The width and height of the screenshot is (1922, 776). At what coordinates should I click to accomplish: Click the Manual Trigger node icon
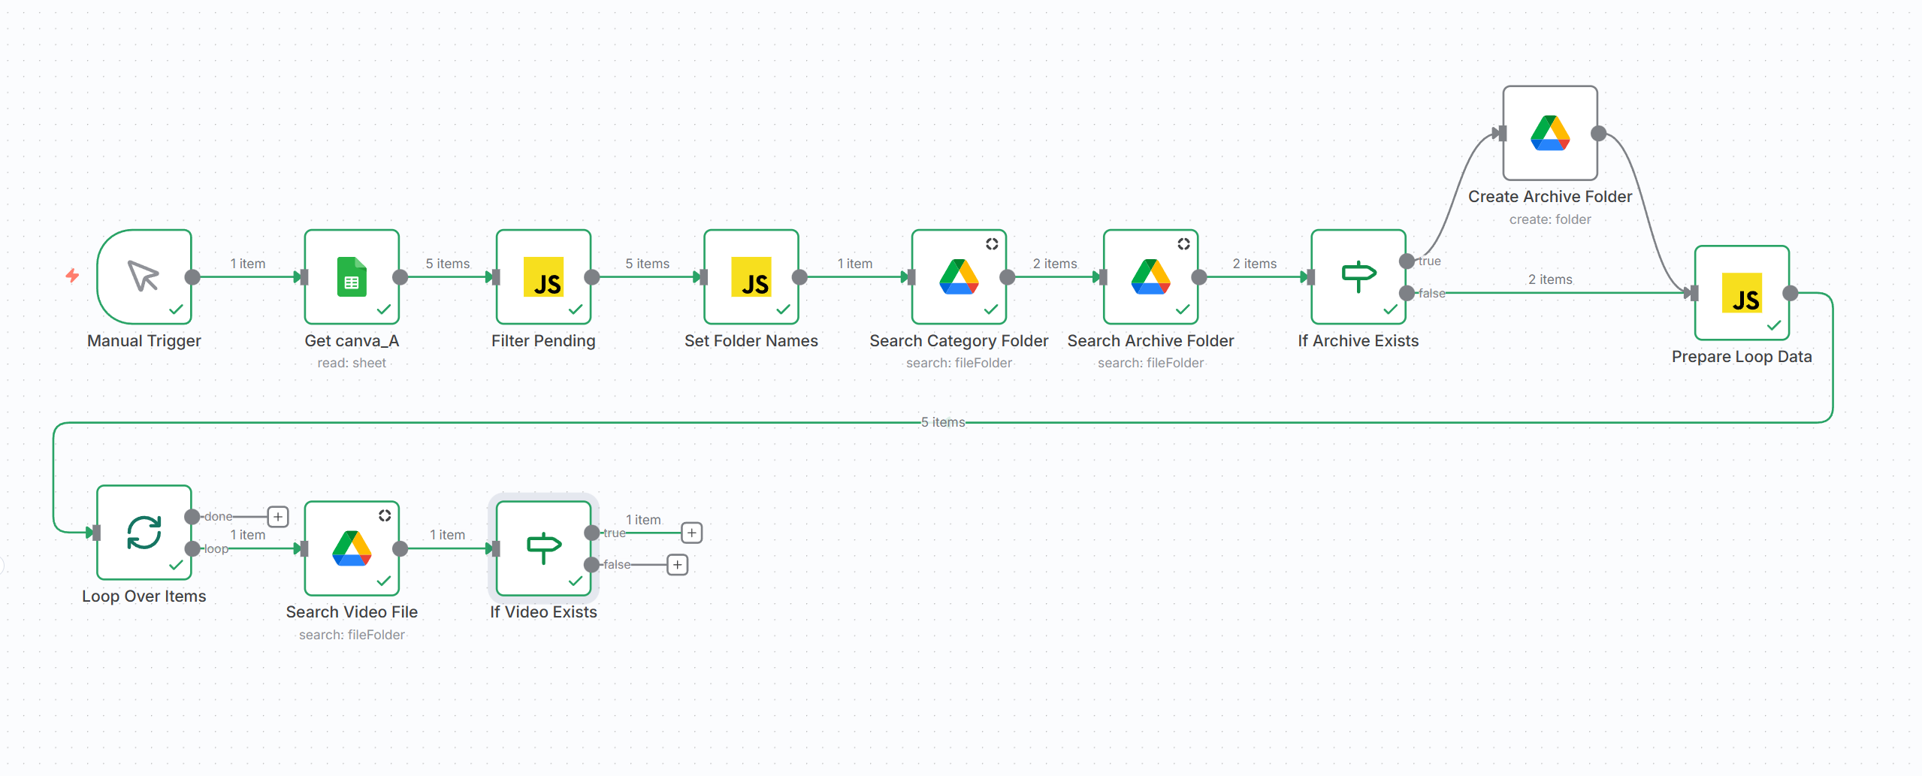click(144, 276)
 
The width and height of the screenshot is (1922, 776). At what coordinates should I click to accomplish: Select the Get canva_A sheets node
click(352, 276)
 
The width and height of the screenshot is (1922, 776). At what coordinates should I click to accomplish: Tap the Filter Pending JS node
click(544, 276)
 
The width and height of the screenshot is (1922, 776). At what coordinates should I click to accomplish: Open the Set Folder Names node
click(751, 276)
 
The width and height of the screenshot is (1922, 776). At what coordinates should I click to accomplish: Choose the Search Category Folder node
click(959, 276)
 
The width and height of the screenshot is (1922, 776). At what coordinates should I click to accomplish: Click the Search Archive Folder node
click(1151, 276)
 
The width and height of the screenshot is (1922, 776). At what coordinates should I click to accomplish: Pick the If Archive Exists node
click(1358, 276)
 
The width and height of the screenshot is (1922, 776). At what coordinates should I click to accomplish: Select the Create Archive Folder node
click(1550, 133)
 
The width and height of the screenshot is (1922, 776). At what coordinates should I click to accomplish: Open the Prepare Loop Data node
click(1742, 293)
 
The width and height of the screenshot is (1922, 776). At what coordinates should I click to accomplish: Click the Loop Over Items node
click(144, 533)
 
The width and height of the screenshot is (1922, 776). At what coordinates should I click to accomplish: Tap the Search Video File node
click(352, 548)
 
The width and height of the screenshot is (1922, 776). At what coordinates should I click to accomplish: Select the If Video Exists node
click(544, 548)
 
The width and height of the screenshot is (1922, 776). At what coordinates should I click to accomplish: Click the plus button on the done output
click(278, 517)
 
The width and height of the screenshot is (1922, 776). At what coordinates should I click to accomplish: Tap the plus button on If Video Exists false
click(678, 564)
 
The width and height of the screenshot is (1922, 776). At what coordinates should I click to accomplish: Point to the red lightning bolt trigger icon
click(72, 276)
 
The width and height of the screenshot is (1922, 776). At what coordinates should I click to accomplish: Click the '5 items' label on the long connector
click(944, 422)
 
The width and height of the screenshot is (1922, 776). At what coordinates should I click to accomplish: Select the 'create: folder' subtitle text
click(1550, 219)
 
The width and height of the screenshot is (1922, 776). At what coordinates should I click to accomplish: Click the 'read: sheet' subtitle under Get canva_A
click(352, 363)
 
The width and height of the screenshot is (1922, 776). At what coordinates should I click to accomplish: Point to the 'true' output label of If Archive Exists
click(1430, 261)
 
